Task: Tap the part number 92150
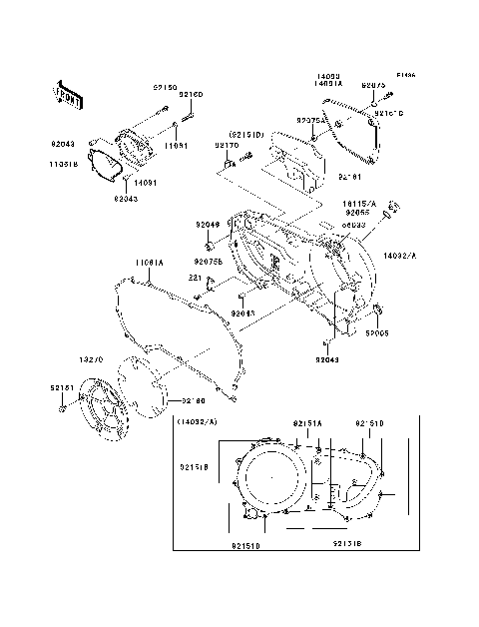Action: pyautogui.click(x=165, y=88)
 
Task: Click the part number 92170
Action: pyautogui.click(x=228, y=145)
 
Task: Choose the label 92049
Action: pyautogui.click(x=208, y=226)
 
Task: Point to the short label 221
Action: pyautogui.click(x=197, y=278)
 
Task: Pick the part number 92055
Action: pyautogui.click(x=358, y=212)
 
